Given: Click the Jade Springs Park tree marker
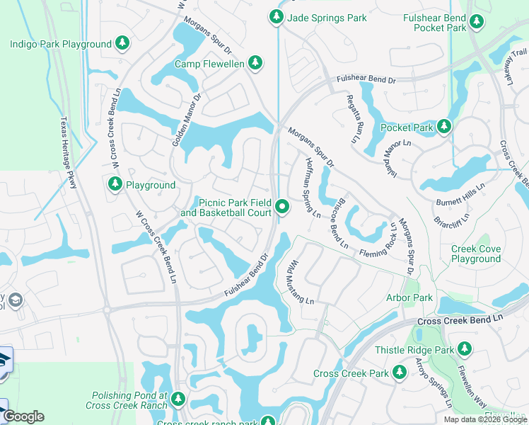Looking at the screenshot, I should click(x=276, y=18).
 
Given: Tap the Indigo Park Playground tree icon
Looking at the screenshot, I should click(x=122, y=44).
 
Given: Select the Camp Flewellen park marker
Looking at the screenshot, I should click(x=255, y=64).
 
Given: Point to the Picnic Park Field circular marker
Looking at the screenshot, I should click(x=283, y=207).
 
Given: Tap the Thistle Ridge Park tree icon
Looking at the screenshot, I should click(x=464, y=349).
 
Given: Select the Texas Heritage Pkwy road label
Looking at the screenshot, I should click(x=68, y=154).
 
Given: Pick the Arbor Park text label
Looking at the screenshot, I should click(x=410, y=298).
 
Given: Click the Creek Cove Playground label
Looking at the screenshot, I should click(x=476, y=254).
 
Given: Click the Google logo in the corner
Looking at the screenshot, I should click(x=23, y=417).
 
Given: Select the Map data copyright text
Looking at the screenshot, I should click(x=485, y=419).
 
